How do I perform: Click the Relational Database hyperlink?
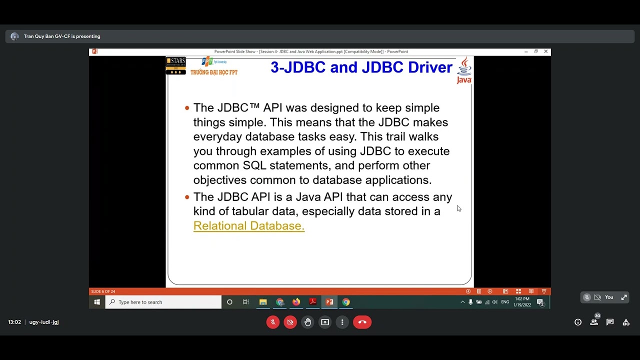pyautogui.click(x=248, y=226)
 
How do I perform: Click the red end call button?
pyautogui.click(x=362, y=322)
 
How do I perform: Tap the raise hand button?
pyautogui.click(x=307, y=322)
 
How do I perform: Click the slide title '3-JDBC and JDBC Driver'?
pyautogui.click(x=361, y=67)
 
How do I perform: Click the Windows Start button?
pyautogui.click(x=97, y=302)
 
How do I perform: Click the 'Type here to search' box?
pyautogui.click(x=163, y=302)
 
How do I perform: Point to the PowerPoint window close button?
pyautogui.click(x=545, y=51)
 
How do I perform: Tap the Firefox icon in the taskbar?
pyautogui.click(x=296, y=302)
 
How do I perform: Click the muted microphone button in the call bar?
pyautogui.click(x=273, y=322)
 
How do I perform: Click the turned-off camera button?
pyautogui.click(x=290, y=322)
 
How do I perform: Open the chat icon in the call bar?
pyautogui.click(x=610, y=322)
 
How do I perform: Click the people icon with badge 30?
pyautogui.click(x=594, y=322)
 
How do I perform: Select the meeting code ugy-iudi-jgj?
pyautogui.click(x=44, y=322)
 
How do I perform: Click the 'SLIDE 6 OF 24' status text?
pyautogui.click(x=103, y=291)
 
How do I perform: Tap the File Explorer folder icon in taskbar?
pyautogui.click(x=263, y=302)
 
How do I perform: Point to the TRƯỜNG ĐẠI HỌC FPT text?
pyautogui.click(x=214, y=72)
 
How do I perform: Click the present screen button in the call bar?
pyautogui.click(x=325, y=322)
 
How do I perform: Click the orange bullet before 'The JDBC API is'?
pyautogui.click(x=187, y=197)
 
